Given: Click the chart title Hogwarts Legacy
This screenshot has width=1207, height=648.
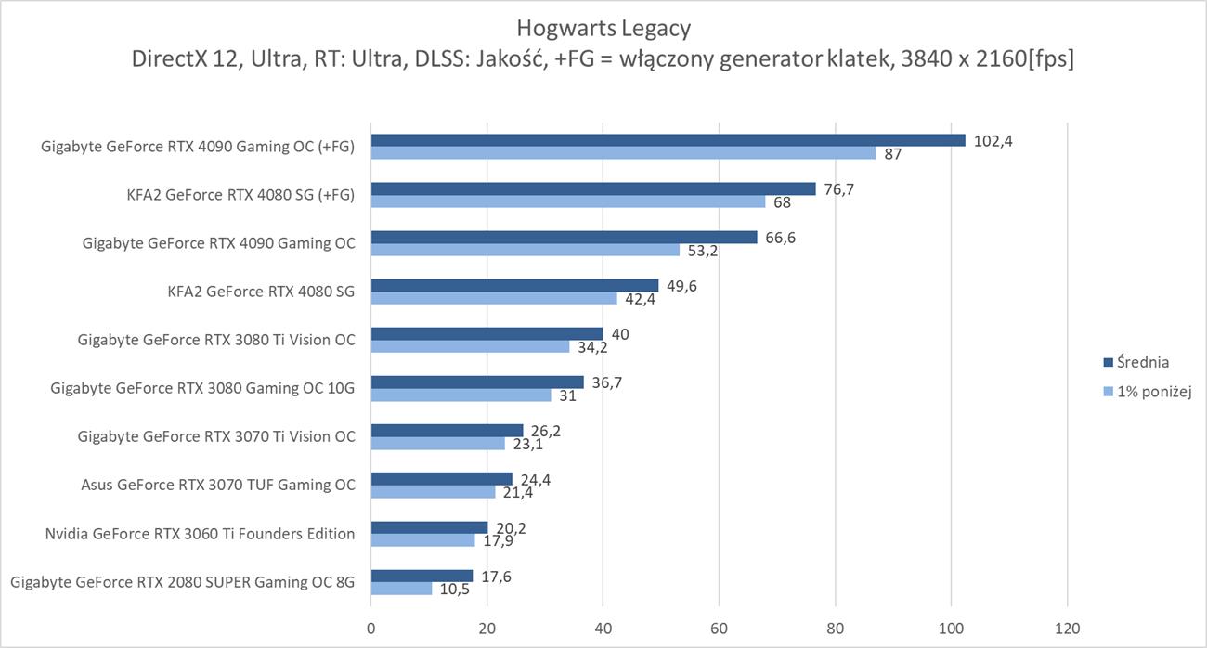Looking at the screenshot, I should [x=603, y=28].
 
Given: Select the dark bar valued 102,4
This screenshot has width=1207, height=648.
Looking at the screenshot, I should [x=668, y=140].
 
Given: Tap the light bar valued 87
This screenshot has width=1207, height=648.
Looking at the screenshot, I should [x=623, y=153].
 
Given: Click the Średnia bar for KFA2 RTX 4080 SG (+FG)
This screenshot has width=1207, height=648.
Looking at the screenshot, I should [x=593, y=188].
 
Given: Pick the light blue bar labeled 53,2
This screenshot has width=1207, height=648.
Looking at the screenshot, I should [x=526, y=250].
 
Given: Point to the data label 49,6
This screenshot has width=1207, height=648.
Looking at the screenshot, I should [x=681, y=285].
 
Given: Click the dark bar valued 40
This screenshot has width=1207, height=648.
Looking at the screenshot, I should [x=487, y=333].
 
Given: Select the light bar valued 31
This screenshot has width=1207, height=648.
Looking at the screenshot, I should [x=461, y=395].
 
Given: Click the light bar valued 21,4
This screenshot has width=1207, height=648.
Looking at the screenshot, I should [x=433, y=492].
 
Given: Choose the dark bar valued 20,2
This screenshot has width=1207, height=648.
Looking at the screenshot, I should [x=429, y=527].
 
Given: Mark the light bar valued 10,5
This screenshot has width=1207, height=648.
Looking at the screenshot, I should [x=401, y=589].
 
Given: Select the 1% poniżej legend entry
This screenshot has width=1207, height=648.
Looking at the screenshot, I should [x=1149, y=392].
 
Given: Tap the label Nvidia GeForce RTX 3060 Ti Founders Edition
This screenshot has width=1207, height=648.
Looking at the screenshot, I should [x=200, y=534].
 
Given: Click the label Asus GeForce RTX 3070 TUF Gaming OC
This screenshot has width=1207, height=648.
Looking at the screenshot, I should [x=218, y=485].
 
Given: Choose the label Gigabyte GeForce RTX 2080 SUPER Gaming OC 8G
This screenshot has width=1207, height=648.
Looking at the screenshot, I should [x=182, y=582].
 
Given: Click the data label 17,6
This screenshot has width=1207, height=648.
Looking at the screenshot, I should [x=496, y=577].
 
